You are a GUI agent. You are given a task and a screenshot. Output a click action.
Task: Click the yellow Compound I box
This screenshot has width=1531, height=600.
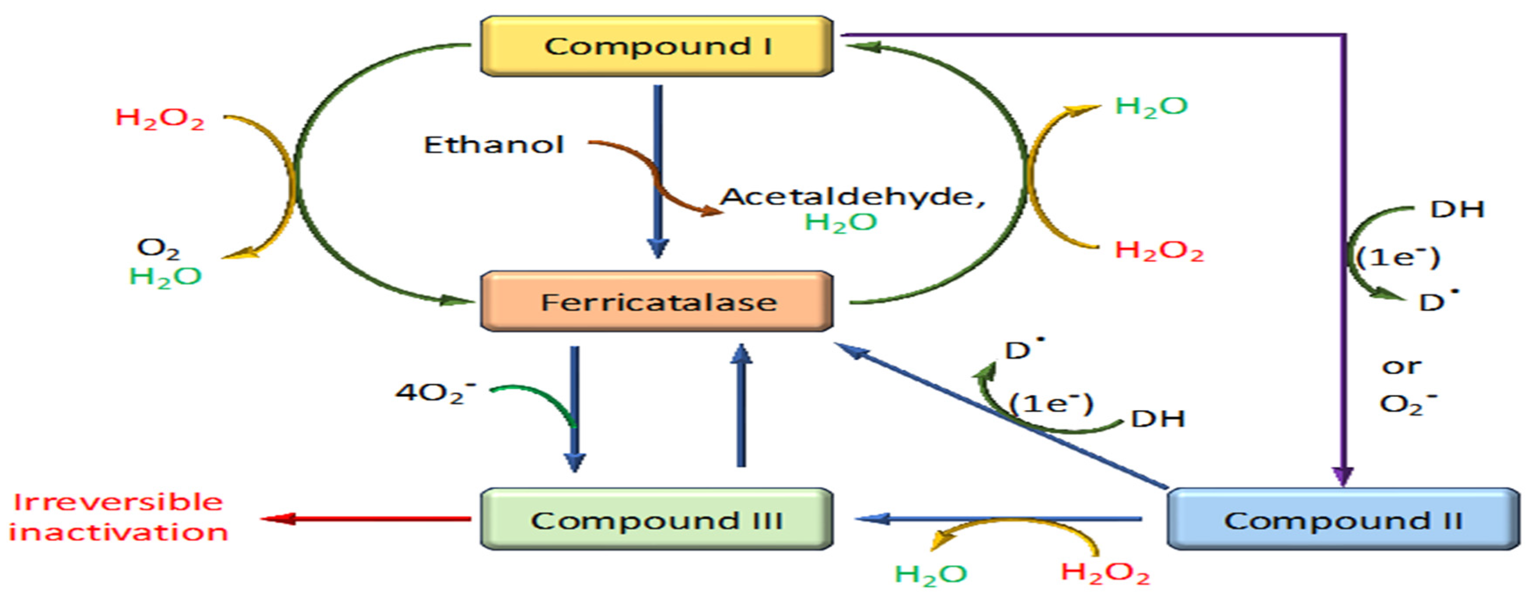tap(656, 46)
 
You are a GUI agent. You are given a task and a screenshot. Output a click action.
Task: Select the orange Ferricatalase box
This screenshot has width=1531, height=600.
tap(656, 302)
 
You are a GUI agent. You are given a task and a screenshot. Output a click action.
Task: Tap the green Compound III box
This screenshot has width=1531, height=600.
tap(656, 519)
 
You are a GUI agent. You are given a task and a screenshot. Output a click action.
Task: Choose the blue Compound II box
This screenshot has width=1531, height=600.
tap(1342, 519)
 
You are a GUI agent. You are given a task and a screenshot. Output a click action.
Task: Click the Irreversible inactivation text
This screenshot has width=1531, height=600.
tap(118, 517)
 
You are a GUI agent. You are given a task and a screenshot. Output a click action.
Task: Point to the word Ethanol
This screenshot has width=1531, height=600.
tap(493, 145)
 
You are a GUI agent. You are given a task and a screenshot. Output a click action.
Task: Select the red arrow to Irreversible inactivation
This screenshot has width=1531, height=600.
tap(366, 519)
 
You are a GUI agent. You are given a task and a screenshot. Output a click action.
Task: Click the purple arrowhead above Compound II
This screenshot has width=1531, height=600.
tap(1343, 476)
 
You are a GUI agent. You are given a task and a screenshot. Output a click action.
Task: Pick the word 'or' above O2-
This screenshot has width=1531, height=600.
tap(1402, 366)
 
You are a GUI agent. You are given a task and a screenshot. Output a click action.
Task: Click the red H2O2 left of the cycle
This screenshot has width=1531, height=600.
tap(159, 118)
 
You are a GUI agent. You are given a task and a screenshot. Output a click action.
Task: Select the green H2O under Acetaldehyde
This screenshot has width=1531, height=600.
tap(840, 222)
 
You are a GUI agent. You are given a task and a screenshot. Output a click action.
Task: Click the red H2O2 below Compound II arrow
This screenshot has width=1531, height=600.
tap(1105, 572)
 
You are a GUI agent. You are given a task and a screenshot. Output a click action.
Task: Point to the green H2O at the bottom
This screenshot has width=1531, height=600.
tap(931, 574)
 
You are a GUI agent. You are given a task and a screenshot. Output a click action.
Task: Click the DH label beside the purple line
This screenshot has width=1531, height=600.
tap(1457, 209)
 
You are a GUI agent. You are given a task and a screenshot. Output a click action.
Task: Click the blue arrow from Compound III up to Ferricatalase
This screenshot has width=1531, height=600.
tap(741, 404)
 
